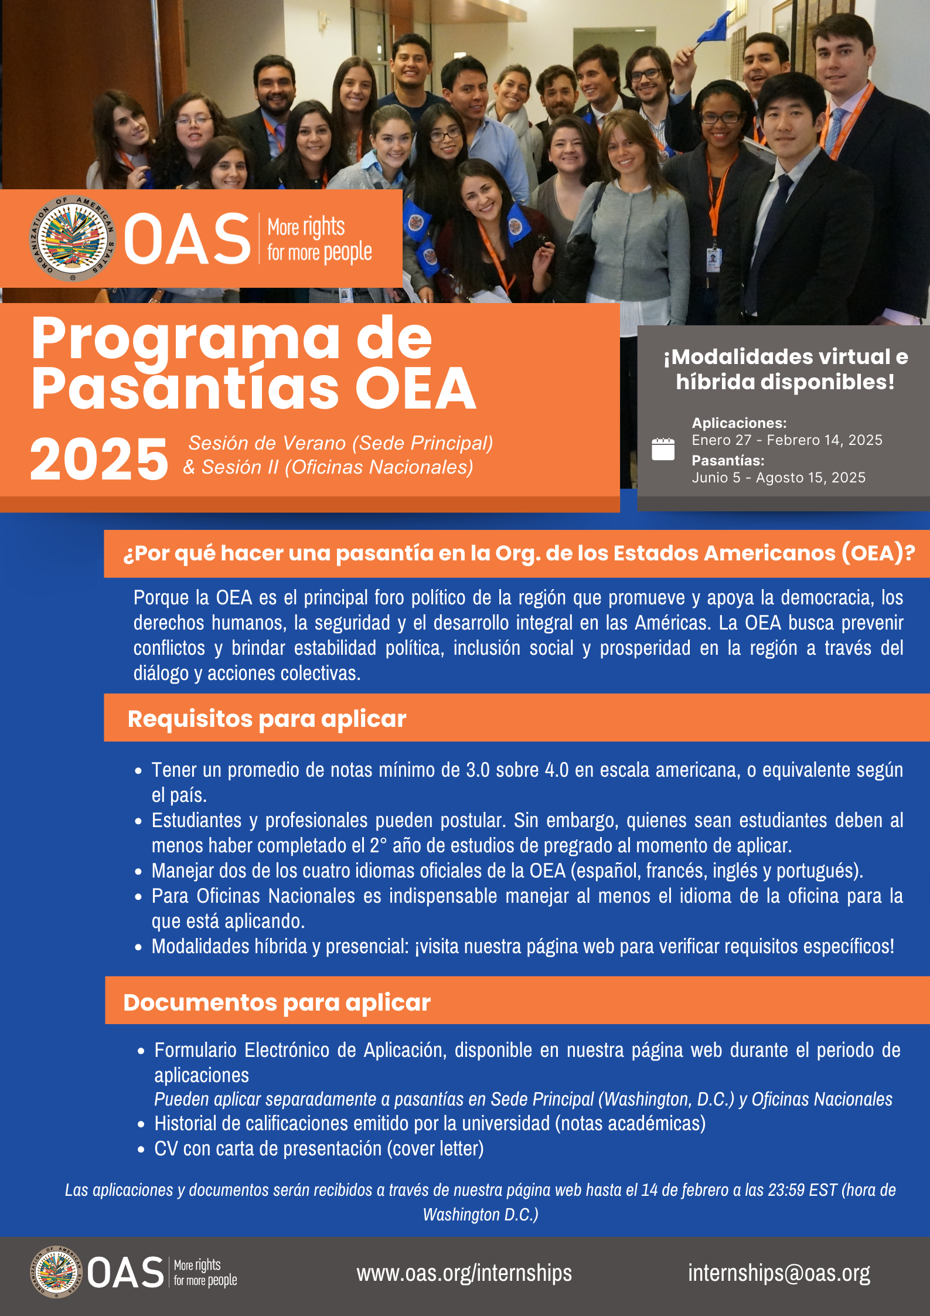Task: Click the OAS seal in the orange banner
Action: pyautogui.click(x=72, y=239)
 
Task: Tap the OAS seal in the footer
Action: pyautogui.click(x=56, y=1273)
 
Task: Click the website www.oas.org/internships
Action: pyautogui.click(x=464, y=1273)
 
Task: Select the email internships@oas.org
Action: pyautogui.click(x=779, y=1273)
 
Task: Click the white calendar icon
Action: pyautogui.click(x=663, y=449)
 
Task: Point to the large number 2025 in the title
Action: pyautogui.click(x=99, y=459)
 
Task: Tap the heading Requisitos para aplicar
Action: pyautogui.click(x=267, y=719)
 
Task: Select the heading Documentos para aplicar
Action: pyautogui.click(x=277, y=1002)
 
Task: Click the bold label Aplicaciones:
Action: pyautogui.click(x=739, y=423)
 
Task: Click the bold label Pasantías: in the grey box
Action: pyautogui.click(x=728, y=460)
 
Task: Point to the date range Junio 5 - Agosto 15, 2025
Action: pyautogui.click(x=778, y=478)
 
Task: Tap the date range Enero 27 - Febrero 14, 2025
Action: pyautogui.click(x=786, y=440)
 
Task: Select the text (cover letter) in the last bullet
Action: pyautogui.click(x=435, y=1148)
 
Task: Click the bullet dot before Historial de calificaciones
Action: pyautogui.click(x=141, y=1124)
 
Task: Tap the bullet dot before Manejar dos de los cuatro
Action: pyautogui.click(x=138, y=872)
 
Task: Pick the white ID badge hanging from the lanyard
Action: pyautogui.click(x=713, y=259)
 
